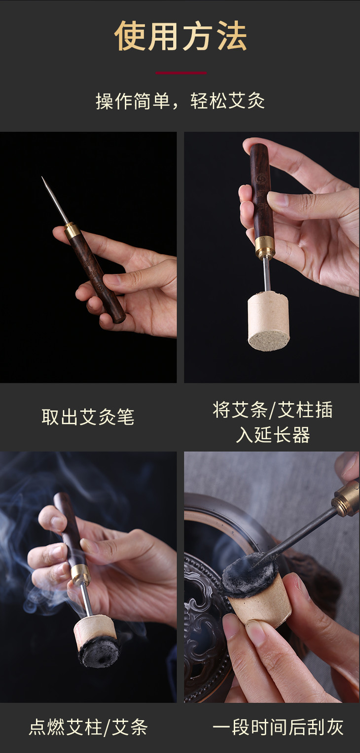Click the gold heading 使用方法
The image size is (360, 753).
180,36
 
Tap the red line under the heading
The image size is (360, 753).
181,73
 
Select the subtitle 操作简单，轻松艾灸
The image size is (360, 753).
180,101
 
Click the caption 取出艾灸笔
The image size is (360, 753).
88,417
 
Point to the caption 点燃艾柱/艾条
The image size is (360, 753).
88,727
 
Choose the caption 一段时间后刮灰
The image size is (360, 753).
278,727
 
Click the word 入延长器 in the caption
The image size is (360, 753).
273,435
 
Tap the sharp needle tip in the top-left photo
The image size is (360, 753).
42,177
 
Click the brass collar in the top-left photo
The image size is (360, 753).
72,230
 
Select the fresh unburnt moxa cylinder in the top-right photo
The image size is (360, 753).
269,322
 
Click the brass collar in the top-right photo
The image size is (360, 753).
265,247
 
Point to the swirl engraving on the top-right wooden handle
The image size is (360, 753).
260,179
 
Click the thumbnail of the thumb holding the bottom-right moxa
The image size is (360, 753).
255,633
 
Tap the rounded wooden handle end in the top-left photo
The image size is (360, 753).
119,317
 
